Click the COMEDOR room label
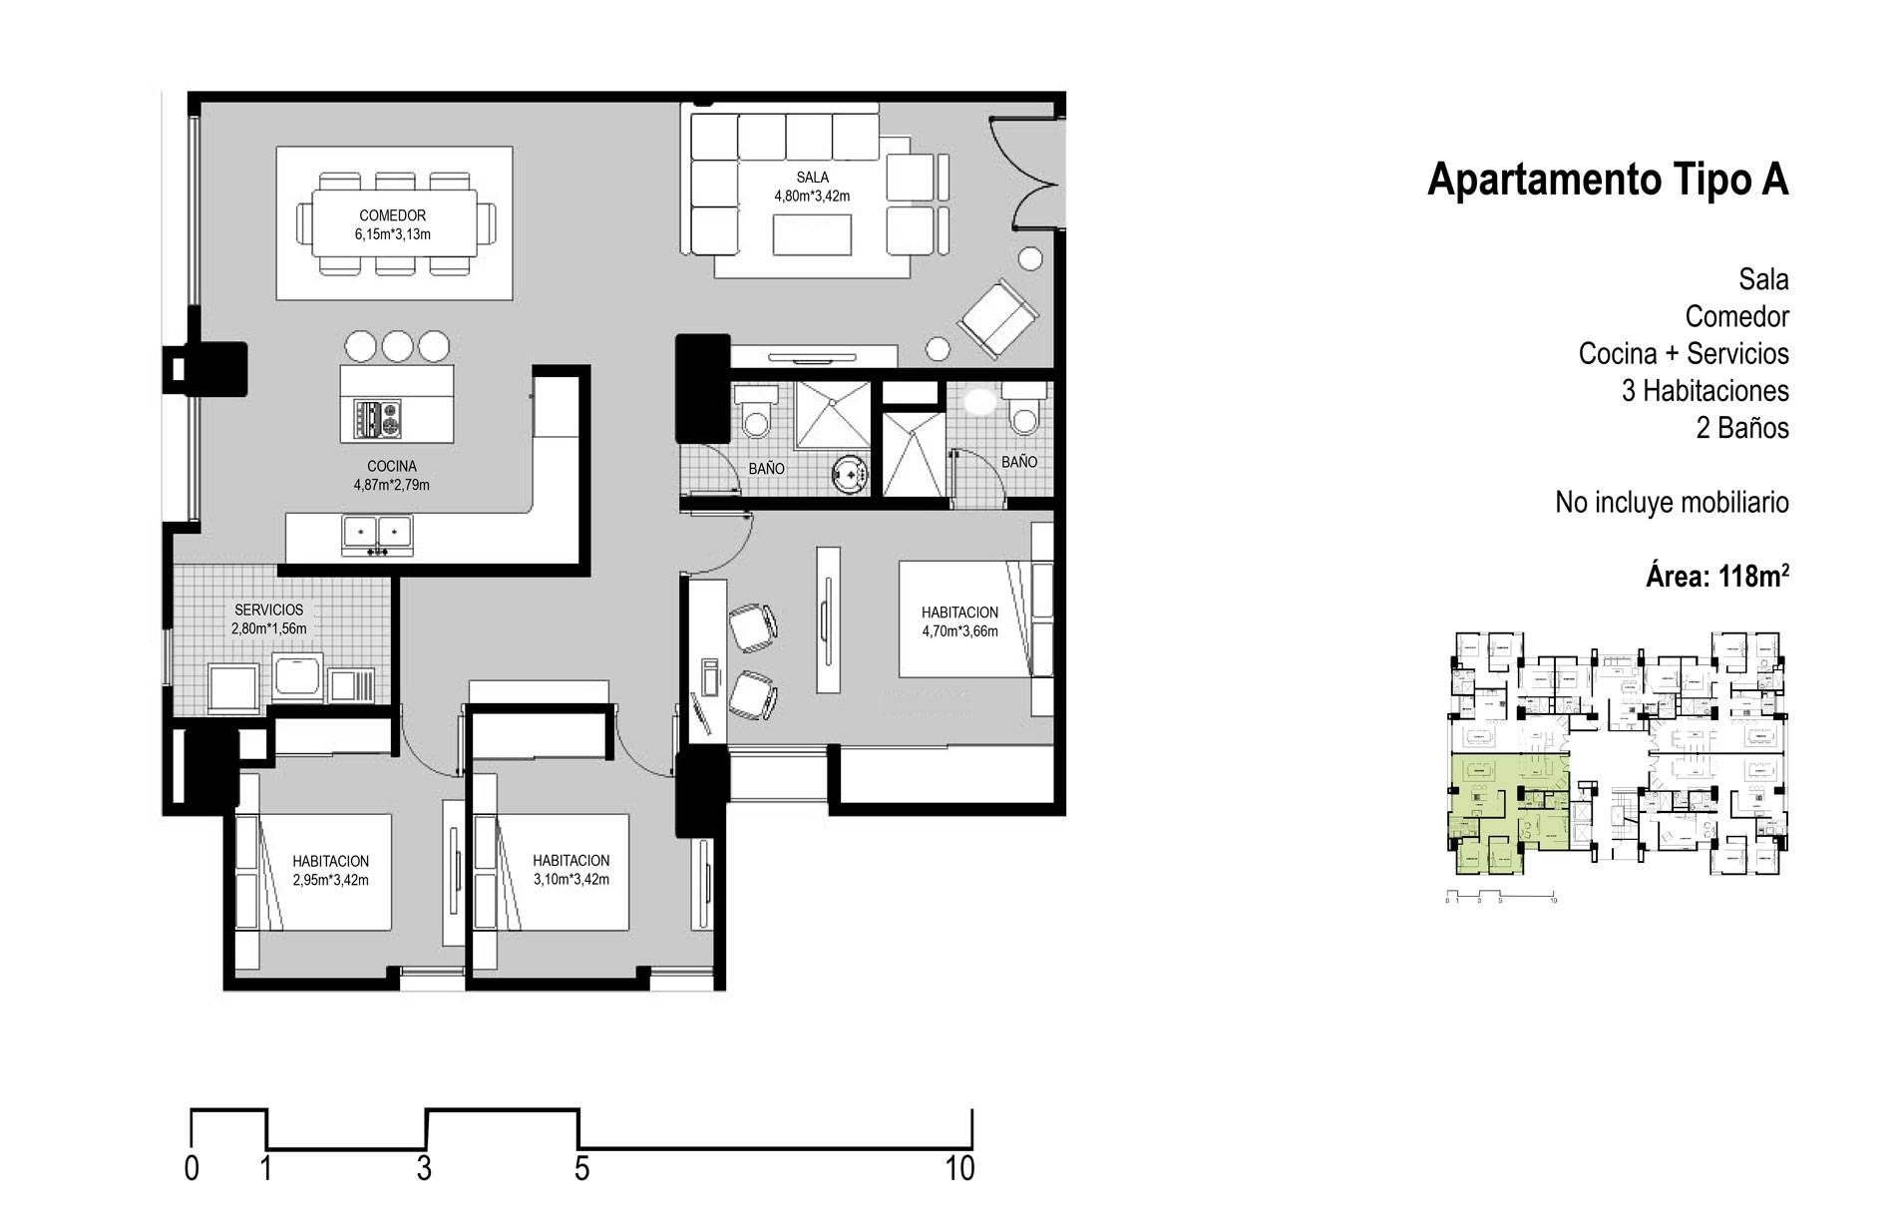pos(392,215)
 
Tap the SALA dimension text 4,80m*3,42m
pos(812,197)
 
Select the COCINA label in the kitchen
pos(392,466)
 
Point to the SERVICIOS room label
pos(268,610)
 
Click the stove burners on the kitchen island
pos(377,418)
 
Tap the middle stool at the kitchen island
pos(398,346)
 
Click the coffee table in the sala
pos(813,235)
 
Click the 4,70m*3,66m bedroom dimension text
pos(959,631)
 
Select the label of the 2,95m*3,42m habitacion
pos(330,861)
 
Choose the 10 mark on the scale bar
pos(960,1168)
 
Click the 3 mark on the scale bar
pos(425,1168)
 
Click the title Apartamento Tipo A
pos(1608,181)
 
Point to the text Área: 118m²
pos(1716,576)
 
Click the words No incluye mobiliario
pos(1672,503)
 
